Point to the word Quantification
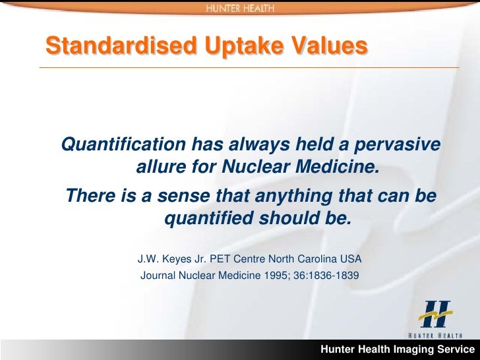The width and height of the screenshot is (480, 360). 123,144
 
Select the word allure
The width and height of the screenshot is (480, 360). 160,167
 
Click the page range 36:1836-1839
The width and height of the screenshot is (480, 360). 325,275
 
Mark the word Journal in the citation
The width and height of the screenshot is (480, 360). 158,275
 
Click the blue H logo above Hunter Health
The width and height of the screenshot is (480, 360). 436,315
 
